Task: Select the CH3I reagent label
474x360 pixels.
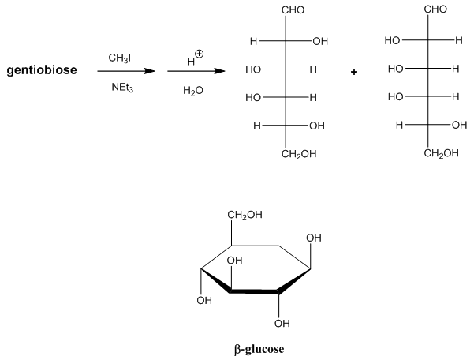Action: [x=121, y=58]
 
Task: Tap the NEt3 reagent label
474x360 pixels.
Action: [x=123, y=88]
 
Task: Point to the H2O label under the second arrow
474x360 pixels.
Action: [x=192, y=91]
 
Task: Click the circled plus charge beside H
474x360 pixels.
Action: [x=199, y=54]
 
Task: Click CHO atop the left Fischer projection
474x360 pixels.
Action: [x=293, y=10]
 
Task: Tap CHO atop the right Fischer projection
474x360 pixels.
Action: [x=435, y=9]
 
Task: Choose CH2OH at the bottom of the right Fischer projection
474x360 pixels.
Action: [x=441, y=153]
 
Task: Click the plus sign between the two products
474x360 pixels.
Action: [x=354, y=72]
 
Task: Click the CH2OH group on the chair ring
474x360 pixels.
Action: [x=244, y=215]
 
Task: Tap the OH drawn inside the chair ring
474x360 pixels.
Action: [x=234, y=261]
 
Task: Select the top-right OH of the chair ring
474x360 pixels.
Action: [x=314, y=238]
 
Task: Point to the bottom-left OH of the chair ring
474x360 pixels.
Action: [x=204, y=300]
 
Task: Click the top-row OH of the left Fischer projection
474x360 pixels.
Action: [x=319, y=41]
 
